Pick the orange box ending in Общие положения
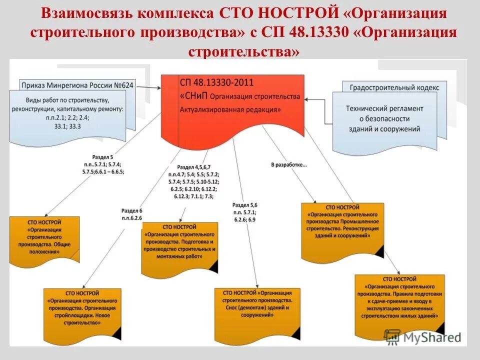(x=44, y=239)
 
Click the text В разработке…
(x=289, y=164)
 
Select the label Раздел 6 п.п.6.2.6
(x=131, y=214)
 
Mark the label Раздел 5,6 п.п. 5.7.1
(x=244, y=212)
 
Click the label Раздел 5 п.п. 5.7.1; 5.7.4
(x=103, y=163)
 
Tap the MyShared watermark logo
(x=423, y=337)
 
